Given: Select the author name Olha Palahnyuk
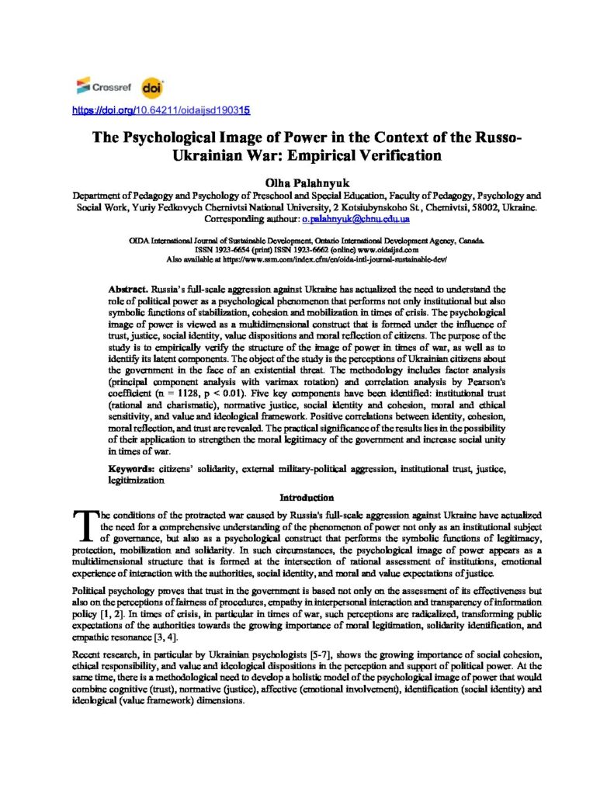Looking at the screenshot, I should click(307, 180).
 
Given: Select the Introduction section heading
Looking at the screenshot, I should click(307, 498).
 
